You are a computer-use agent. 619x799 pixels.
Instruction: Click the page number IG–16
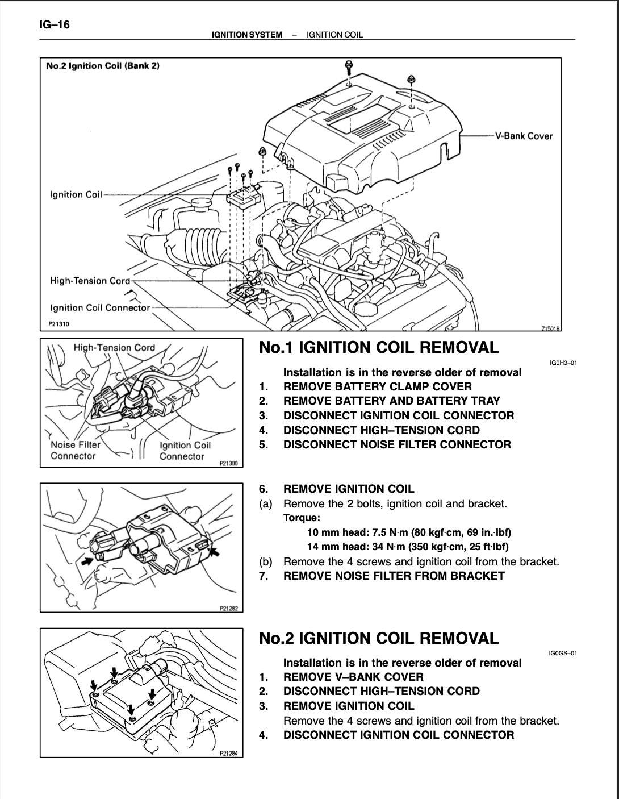point(55,24)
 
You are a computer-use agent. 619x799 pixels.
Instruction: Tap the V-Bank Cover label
point(524,136)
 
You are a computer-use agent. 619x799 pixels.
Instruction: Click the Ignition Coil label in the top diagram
point(76,194)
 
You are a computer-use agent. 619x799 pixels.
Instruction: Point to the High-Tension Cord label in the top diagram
point(90,281)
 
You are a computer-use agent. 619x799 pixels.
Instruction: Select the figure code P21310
point(59,324)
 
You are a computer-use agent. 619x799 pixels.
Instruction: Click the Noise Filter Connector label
point(76,451)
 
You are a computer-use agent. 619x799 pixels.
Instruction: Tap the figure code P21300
point(228,463)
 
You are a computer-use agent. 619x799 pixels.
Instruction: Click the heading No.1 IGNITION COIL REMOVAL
point(379,347)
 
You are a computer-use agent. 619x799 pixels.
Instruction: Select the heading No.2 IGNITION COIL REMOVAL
point(379,638)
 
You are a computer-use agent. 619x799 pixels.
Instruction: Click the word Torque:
point(302,518)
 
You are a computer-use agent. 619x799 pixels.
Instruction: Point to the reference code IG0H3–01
point(563,363)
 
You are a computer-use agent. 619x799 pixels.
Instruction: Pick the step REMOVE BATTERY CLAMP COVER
point(377,386)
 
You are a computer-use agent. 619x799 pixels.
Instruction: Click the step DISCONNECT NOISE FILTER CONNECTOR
point(397,444)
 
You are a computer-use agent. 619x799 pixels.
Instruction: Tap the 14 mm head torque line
point(408,547)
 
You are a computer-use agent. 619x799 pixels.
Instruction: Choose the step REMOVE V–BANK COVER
point(353,677)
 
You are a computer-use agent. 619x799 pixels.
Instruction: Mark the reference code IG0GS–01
point(563,654)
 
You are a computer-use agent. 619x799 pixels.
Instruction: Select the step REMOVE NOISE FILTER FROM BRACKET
point(394,576)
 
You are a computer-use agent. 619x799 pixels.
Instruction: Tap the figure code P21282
point(228,608)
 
